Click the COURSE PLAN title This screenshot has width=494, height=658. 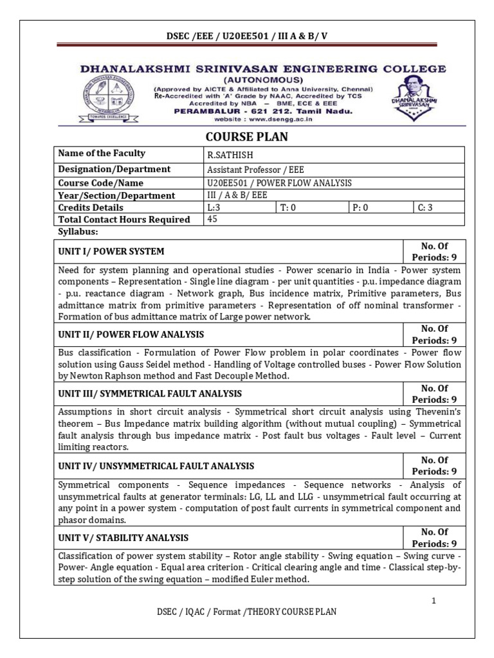click(x=246, y=137)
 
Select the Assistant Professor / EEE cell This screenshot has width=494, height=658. click(x=255, y=170)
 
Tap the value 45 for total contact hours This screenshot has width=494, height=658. click(x=212, y=219)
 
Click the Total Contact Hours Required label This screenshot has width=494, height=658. click(x=124, y=220)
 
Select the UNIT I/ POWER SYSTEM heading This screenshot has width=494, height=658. click(x=111, y=251)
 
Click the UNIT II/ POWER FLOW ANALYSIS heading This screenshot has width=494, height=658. click(x=131, y=335)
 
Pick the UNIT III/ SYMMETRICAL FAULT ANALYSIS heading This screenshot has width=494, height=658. click(x=150, y=393)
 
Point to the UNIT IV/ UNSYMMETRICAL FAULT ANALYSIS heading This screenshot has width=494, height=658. click(x=156, y=466)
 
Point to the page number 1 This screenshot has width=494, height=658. click(x=434, y=600)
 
